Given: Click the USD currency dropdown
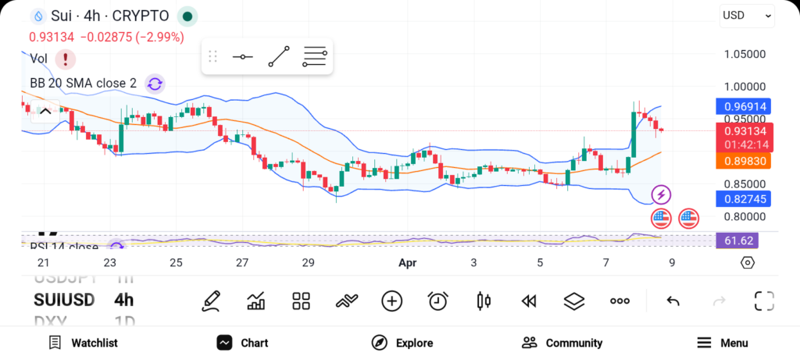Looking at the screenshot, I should coord(747,16).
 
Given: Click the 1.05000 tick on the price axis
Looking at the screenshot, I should coord(744,55).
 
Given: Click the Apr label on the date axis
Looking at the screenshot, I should coord(407,263).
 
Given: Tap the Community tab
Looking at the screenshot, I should coord(562,343).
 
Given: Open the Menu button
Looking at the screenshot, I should coord(722,343).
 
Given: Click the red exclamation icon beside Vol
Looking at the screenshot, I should coord(65,59).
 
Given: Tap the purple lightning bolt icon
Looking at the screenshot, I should coord(662,194).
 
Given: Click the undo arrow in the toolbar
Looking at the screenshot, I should coord(673,301).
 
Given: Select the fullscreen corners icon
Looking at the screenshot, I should coord(764,301).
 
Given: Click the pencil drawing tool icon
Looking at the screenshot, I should coord(210,301).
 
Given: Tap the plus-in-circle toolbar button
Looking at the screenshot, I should coord(392,301).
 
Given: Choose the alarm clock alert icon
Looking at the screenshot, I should coord(438,301).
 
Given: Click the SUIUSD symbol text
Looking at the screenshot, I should coord(64,300).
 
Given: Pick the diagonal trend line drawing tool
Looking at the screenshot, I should coord(279,57).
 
